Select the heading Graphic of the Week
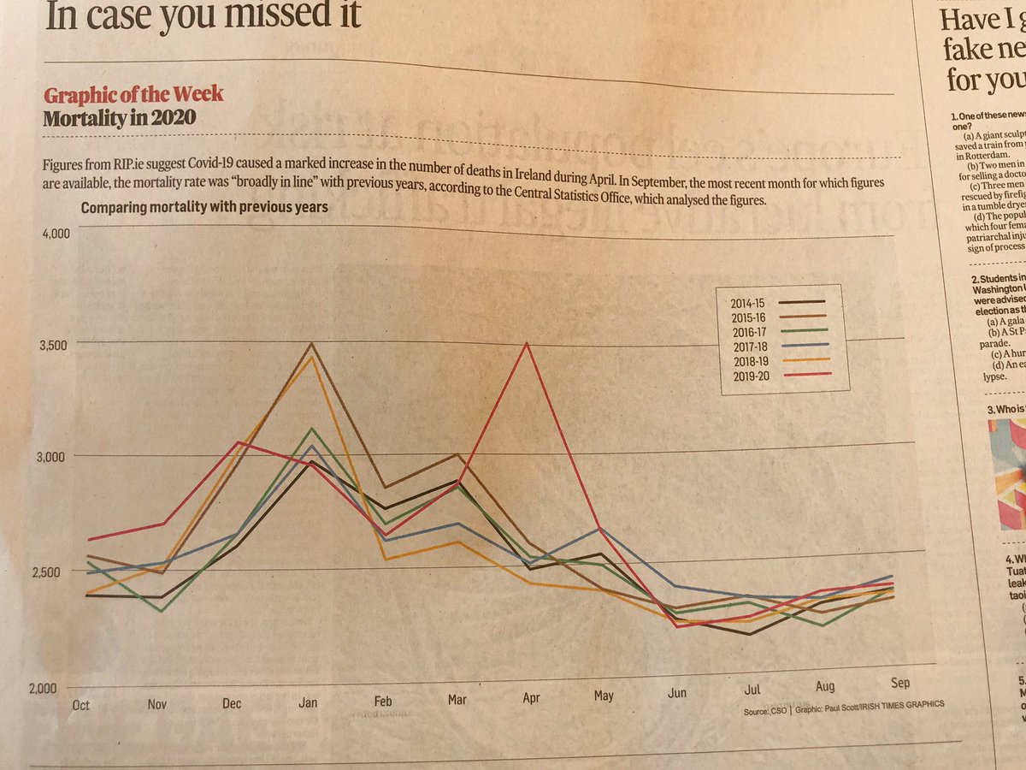(x=133, y=94)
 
